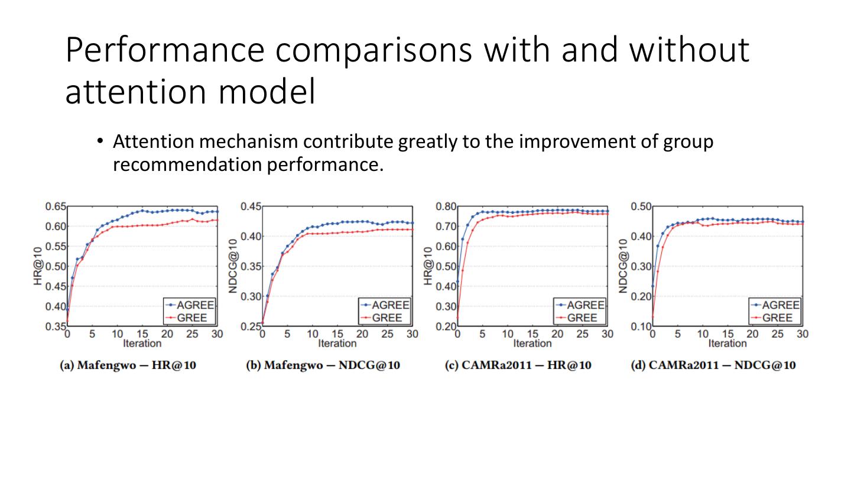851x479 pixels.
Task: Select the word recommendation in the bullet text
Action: pyautogui.click(x=188, y=165)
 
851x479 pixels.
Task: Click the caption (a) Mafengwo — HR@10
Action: pyautogui.click(x=128, y=365)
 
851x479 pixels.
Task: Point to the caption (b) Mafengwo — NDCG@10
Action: pyautogui.click(x=323, y=365)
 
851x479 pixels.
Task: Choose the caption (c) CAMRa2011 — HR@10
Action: pyautogui.click(x=518, y=365)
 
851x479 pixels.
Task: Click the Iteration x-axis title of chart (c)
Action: pyautogui.click(x=532, y=344)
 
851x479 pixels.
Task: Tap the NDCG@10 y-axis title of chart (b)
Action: pyautogui.click(x=233, y=266)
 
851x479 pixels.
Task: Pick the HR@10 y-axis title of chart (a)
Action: pyautogui.click(x=38, y=266)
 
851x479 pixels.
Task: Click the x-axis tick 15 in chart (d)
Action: pyautogui.click(x=727, y=334)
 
